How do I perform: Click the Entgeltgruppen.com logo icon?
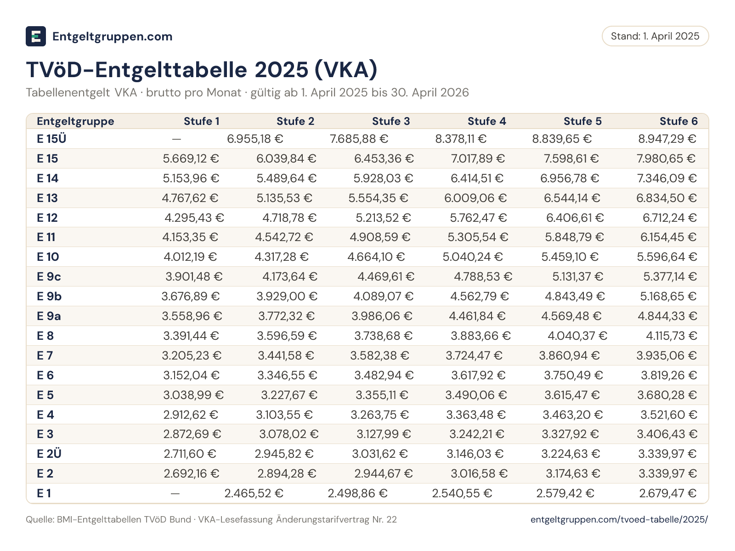click(x=36, y=36)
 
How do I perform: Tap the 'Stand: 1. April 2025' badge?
click(x=655, y=36)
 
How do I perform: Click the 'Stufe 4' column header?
click(x=486, y=121)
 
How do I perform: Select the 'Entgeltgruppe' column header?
click(x=75, y=121)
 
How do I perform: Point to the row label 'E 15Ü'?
click(x=51, y=139)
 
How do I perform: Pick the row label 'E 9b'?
click(x=49, y=296)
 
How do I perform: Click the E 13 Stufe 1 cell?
click(x=190, y=198)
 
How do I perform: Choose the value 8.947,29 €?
click(x=667, y=139)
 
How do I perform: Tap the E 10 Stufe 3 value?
click(x=376, y=257)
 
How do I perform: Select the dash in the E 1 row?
click(x=175, y=493)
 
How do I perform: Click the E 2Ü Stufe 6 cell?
click(x=667, y=454)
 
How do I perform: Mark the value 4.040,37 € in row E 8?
click(x=577, y=336)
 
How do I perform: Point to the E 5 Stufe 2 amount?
click(x=289, y=395)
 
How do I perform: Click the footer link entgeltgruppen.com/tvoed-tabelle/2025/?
click(x=619, y=519)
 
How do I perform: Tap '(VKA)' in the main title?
click(x=346, y=70)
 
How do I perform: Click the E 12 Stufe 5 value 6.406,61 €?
click(x=575, y=218)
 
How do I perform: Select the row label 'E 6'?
click(x=45, y=375)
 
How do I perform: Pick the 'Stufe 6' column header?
click(x=678, y=121)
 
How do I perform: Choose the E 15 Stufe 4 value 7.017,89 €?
click(x=478, y=158)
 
